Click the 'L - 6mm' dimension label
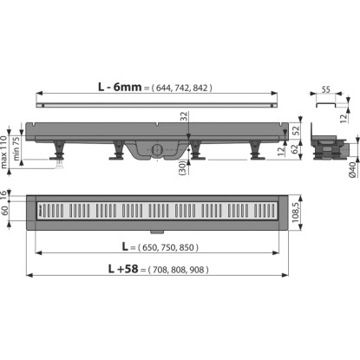(120, 87)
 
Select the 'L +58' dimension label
(123, 269)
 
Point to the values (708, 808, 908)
(178, 270)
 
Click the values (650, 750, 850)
(168, 247)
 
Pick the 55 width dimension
(326, 89)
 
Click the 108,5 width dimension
(296, 213)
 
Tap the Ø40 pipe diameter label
(352, 170)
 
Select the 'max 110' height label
(3, 152)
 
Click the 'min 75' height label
(16, 148)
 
